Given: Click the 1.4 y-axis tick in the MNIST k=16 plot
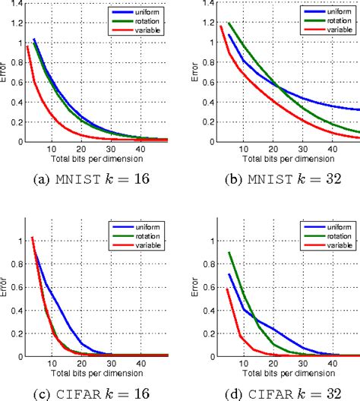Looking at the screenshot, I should click(13, 5).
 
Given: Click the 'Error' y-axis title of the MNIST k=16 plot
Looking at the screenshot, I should click(5, 73).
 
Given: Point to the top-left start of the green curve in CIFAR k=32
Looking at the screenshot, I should click(229, 253).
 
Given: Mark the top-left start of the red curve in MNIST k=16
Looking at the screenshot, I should click(27, 46).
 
